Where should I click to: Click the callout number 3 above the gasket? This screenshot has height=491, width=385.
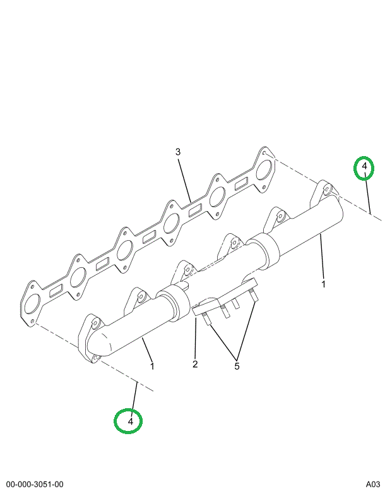[x=177, y=152]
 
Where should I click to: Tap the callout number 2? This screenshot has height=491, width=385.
[x=195, y=364]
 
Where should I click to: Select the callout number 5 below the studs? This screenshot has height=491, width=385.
[x=237, y=366]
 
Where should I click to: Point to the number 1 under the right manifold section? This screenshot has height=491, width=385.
[x=323, y=284]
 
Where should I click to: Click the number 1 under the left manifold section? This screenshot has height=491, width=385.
[x=152, y=366]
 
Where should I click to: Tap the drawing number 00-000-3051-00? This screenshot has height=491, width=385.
[x=35, y=485]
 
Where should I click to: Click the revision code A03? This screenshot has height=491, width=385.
[x=373, y=485]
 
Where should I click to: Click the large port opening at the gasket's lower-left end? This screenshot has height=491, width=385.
[x=32, y=303]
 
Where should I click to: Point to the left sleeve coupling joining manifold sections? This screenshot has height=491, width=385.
[x=174, y=303]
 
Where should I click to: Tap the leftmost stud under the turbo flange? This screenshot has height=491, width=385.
[x=206, y=318]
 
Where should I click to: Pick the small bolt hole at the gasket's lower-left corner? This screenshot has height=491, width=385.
[x=33, y=322]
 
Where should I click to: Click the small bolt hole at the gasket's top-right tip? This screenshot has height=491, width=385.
[x=264, y=154]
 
